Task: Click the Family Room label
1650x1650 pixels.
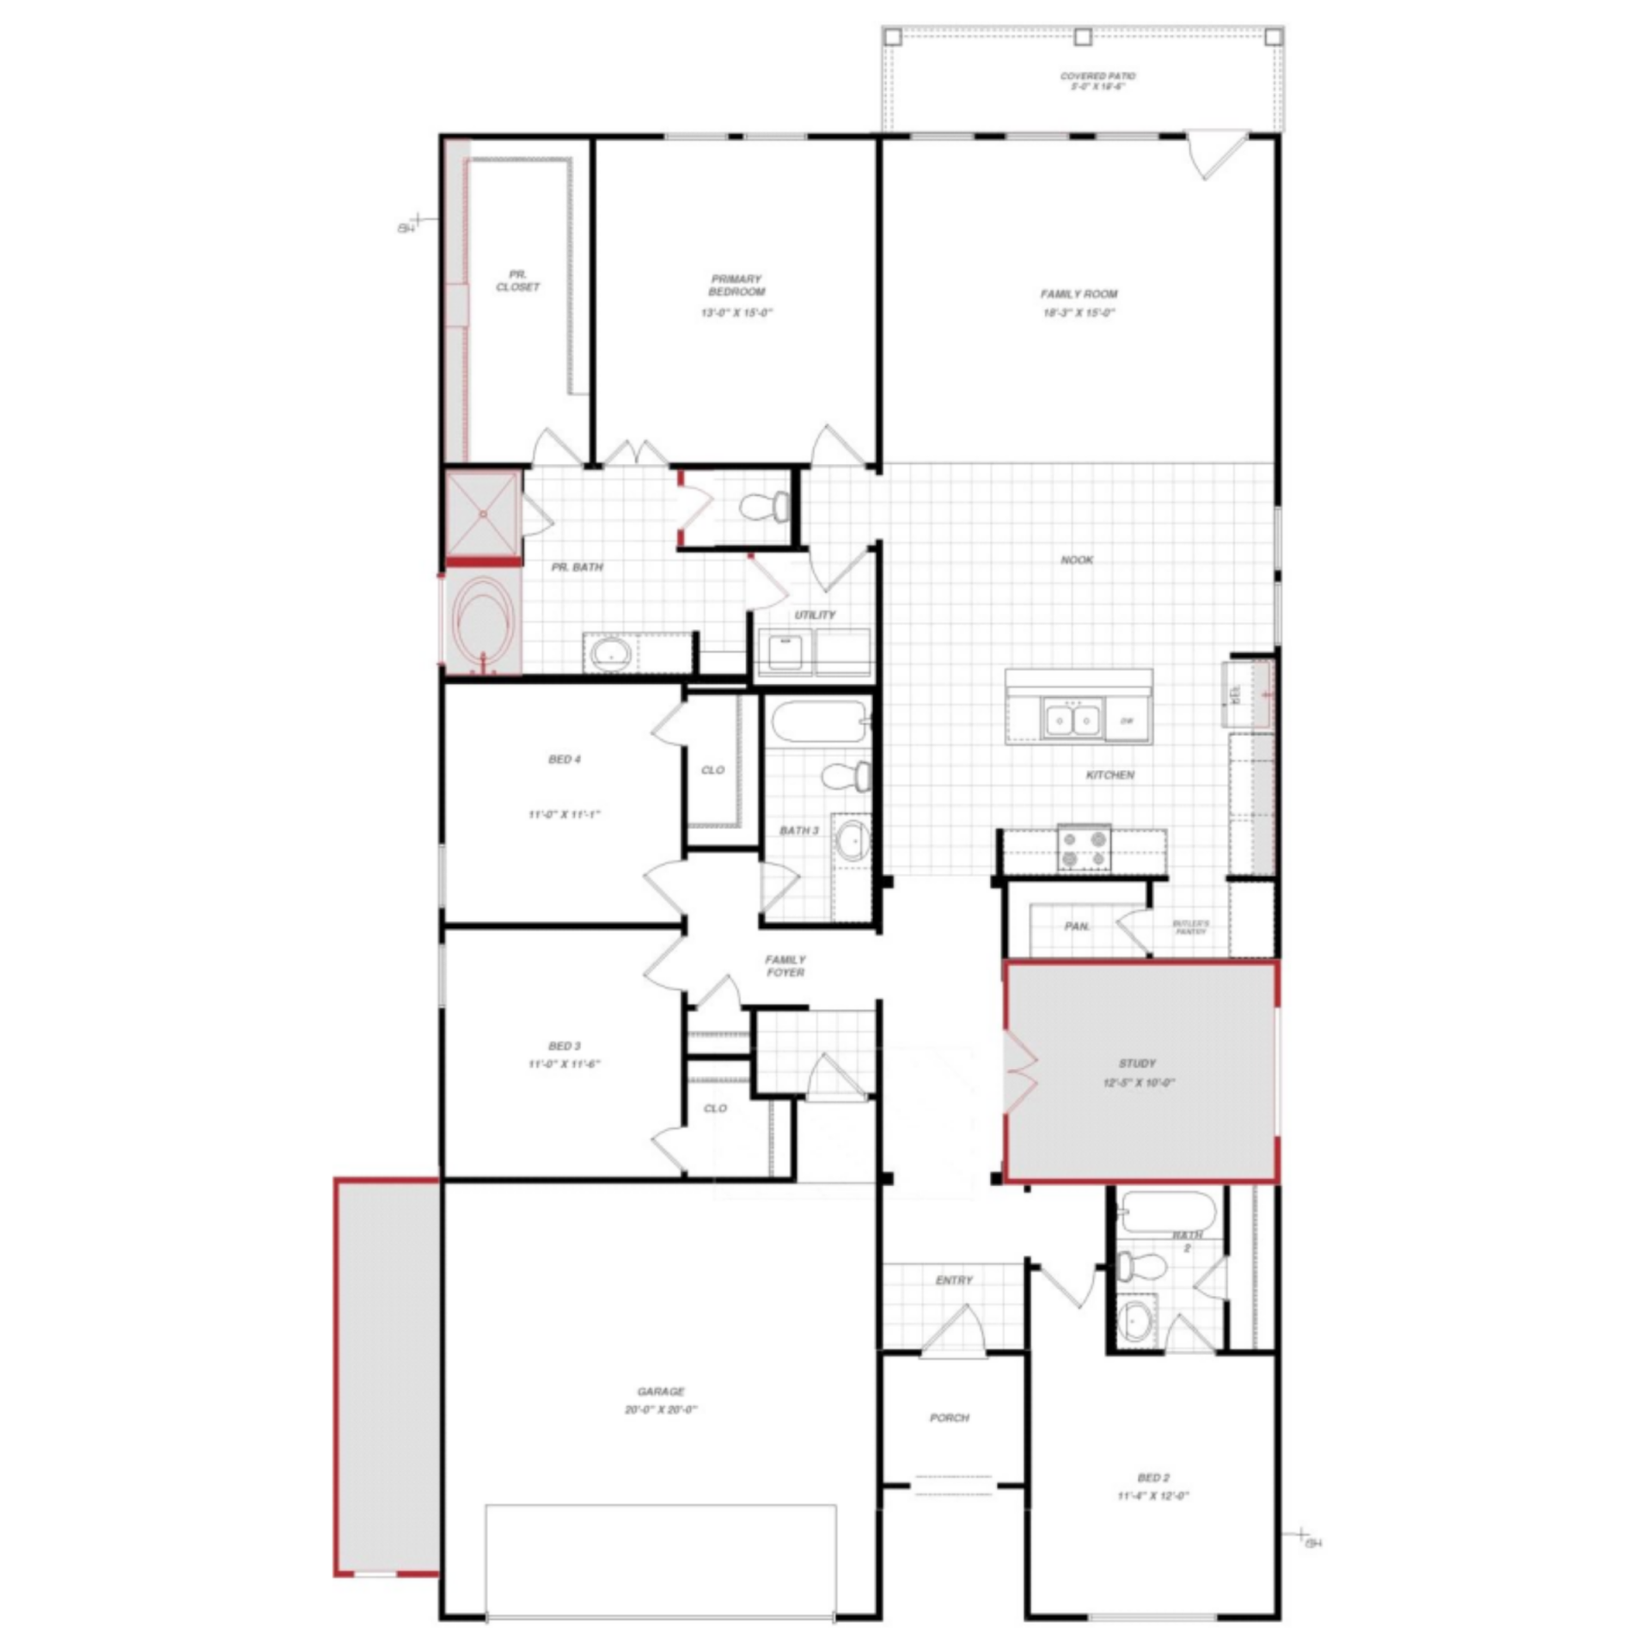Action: coord(1079,294)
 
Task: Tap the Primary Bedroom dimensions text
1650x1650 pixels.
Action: coord(736,313)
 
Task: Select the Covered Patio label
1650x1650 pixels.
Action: coord(1097,76)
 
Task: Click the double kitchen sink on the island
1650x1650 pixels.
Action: coord(1072,718)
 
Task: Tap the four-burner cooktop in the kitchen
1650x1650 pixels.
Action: coord(1084,846)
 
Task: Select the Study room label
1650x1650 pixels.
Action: coord(1137,1063)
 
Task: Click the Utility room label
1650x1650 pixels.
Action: coord(814,615)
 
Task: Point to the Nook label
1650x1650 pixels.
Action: coord(1077,560)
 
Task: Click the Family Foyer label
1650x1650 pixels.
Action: coord(785,966)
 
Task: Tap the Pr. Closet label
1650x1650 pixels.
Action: coord(517,281)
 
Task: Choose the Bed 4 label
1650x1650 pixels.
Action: coord(565,760)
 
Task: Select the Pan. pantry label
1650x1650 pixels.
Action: coord(1077,926)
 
